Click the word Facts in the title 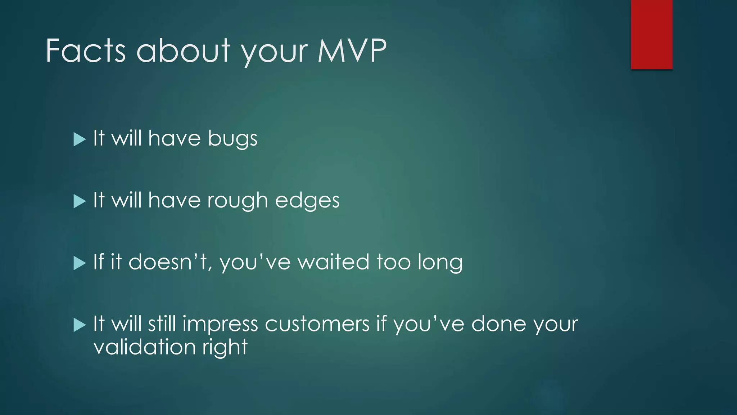tap(86, 51)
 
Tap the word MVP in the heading tap(352, 51)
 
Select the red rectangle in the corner tap(651, 34)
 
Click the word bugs tap(232, 139)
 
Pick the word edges tap(307, 201)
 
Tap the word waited tap(333, 262)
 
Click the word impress tap(220, 324)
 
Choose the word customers tap(317, 324)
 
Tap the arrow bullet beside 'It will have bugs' tap(80, 139)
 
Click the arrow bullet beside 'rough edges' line tap(80, 201)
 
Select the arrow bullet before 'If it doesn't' tap(80, 263)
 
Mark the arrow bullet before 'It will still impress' tap(80, 325)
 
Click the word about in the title tap(183, 51)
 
